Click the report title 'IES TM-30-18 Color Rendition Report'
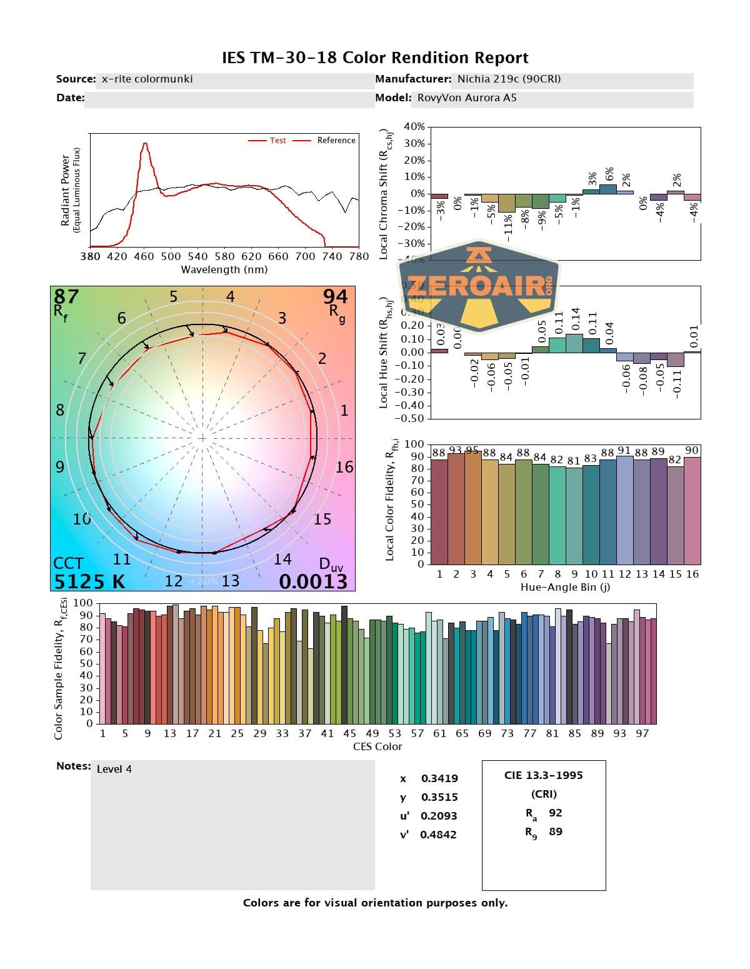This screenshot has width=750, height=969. tap(375, 58)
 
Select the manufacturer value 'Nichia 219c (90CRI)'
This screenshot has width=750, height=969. tap(509, 79)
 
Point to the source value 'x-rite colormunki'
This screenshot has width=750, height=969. tap(147, 79)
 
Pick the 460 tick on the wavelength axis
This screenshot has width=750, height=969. tap(144, 256)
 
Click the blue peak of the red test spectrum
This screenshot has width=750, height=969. tap(145, 144)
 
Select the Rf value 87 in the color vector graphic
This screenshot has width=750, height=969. tap(66, 296)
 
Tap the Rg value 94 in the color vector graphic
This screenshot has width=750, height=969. tap(335, 296)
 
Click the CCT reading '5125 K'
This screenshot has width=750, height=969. tap(89, 581)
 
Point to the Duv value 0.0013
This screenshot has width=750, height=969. tap(312, 581)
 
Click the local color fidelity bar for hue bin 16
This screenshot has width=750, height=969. tap(692, 510)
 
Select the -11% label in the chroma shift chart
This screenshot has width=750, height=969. tap(508, 226)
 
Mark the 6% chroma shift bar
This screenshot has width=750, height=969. tap(607, 189)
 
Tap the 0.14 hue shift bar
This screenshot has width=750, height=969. tap(574, 343)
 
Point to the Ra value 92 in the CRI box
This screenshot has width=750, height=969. tap(555, 813)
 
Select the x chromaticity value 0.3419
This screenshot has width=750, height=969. tap(439, 779)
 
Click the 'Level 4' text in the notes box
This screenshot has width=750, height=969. tap(114, 770)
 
